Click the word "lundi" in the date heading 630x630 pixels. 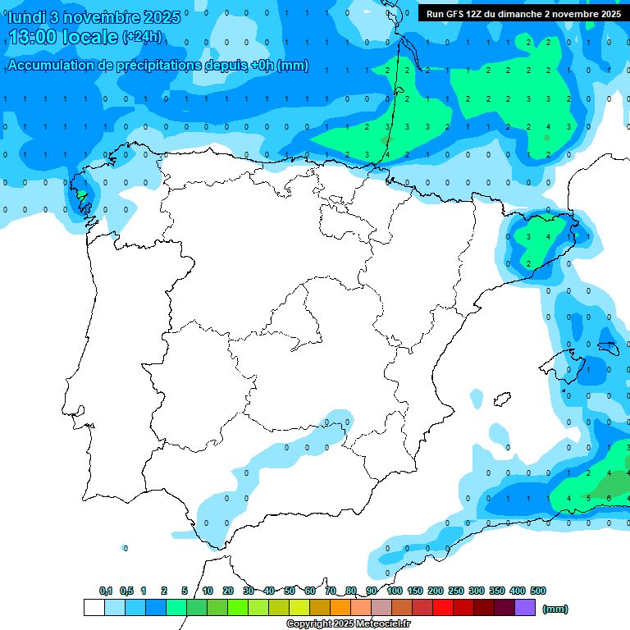(26, 17)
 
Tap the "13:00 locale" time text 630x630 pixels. (62, 38)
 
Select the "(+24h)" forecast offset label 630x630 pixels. (142, 36)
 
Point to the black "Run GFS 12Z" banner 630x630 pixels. (523, 13)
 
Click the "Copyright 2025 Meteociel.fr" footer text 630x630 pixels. (348, 624)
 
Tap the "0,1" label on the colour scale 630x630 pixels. (106, 591)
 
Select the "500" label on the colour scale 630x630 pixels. (538, 591)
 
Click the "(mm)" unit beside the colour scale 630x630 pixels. (555, 609)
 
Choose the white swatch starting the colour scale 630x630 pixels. (94, 608)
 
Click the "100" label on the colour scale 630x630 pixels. (395, 591)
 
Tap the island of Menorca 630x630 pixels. (607, 347)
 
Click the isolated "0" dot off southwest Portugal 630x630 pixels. (125, 547)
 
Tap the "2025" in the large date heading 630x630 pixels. (162, 17)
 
